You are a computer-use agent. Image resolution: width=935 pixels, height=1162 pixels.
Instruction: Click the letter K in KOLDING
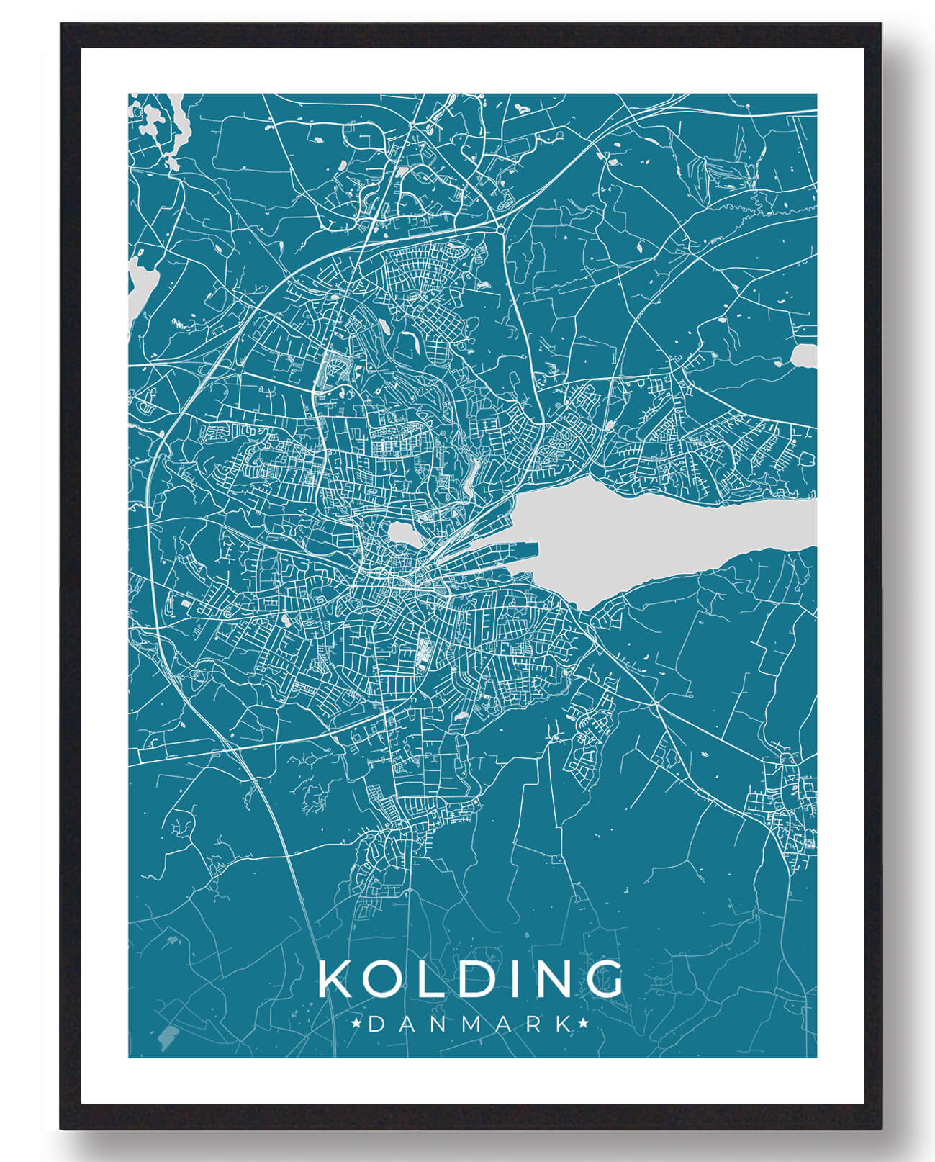(x=335, y=978)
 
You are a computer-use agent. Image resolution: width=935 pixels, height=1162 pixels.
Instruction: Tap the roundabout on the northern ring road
(x=500, y=229)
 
